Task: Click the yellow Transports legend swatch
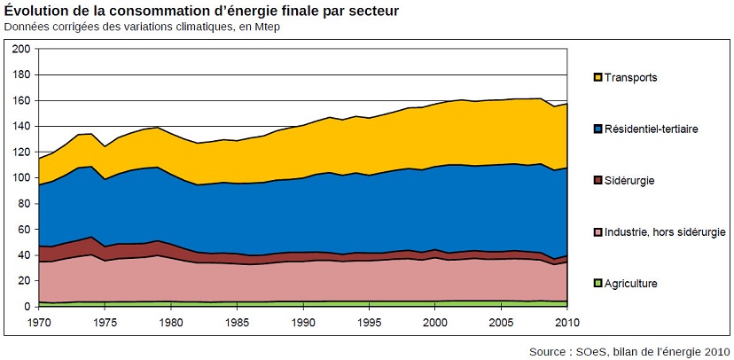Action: coord(597,77)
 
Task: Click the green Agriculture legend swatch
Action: coord(597,284)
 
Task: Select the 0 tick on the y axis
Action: coord(26,307)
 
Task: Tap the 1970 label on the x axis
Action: coord(39,320)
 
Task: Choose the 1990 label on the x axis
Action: coord(303,320)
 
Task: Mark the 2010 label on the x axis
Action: coord(566,320)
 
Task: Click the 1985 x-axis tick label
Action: coord(237,320)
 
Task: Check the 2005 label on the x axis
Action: coord(501,320)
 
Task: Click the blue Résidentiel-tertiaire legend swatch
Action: coord(597,129)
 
